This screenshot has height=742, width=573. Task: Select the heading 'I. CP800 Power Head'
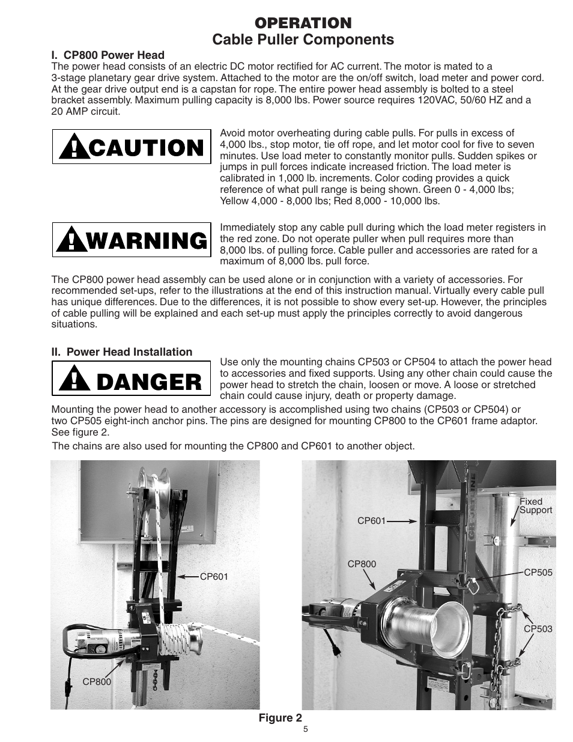[108, 55]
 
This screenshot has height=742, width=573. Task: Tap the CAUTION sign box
[132, 147]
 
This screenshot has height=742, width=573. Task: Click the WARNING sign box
[132, 240]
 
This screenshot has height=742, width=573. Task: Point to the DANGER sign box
[132, 379]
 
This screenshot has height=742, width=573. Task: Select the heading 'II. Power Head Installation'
[122, 352]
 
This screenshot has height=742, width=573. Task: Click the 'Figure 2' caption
[280, 717]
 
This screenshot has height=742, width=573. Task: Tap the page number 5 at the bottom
[305, 729]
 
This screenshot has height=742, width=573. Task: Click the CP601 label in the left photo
[214, 577]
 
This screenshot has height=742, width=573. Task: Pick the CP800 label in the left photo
[97, 682]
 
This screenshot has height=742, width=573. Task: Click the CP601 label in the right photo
[371, 521]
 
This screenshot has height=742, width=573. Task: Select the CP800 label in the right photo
[362, 564]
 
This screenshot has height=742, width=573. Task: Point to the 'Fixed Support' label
[535, 506]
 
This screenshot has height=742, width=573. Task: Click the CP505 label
[538, 573]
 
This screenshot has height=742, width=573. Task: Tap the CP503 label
[538, 629]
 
